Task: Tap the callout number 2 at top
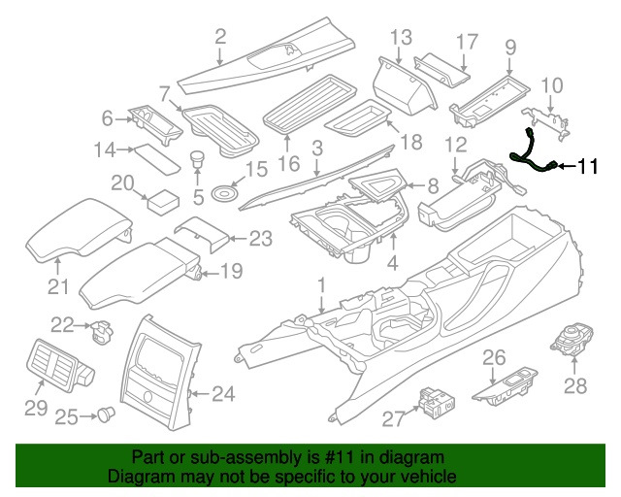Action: pos(220,38)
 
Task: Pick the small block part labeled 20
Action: pos(161,202)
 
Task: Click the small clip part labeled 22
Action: pos(98,332)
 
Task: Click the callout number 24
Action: pos(223,393)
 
